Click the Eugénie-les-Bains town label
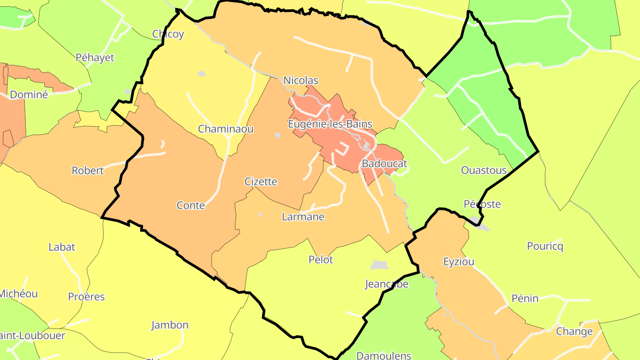[330, 124]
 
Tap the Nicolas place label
[301, 80]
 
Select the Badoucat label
[384, 164]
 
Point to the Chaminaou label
[226, 129]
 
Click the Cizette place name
[261, 181]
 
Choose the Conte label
[191, 205]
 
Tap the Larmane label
[303, 217]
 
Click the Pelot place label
[321, 260]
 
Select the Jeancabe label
[386, 284]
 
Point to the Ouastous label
[484, 170]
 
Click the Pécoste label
[482, 204]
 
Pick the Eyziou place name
[459, 262]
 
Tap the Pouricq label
[545, 246]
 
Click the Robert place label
[88, 171]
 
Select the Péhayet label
[95, 57]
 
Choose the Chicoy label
[168, 34]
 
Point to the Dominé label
[28, 95]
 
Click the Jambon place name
[170, 325]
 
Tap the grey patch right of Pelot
[379, 265]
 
